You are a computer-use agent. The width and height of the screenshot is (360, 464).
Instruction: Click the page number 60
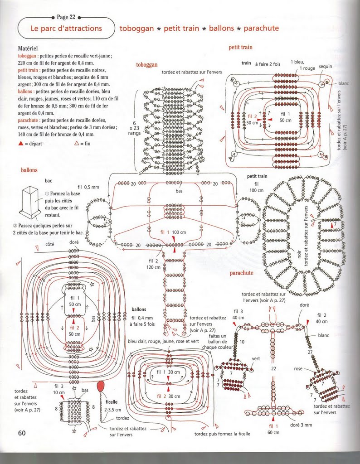point(21,432)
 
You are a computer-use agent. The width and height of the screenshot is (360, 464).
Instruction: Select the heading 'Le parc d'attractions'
point(66,28)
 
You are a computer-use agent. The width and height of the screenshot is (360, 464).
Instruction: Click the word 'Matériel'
point(28,48)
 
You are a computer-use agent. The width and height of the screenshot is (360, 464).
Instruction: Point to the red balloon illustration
point(100,387)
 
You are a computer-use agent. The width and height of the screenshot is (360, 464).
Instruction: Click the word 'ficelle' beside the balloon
point(112,401)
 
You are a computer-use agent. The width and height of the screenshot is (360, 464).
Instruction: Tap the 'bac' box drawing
point(31,200)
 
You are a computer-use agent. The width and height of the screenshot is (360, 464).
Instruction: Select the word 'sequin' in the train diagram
point(326,66)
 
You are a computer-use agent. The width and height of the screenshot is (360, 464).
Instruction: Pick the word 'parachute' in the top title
point(261,29)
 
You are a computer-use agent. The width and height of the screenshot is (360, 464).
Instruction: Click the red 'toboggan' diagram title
point(147,65)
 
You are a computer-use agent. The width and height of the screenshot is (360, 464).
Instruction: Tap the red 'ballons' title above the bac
point(29,170)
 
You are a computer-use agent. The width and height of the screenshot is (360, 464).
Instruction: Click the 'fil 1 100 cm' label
point(173,232)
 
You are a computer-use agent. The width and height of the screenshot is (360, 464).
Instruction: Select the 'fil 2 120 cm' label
point(154,264)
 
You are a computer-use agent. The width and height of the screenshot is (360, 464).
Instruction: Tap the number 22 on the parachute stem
point(273,369)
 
